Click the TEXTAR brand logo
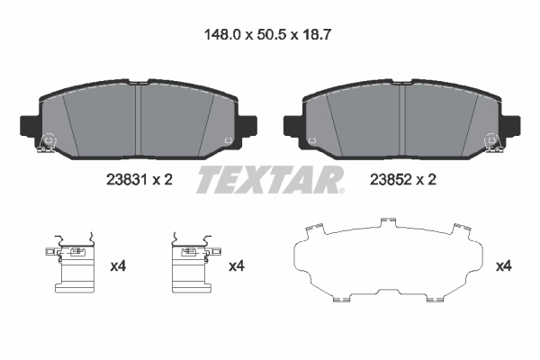click(x=270, y=179)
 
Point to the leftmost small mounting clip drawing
click(x=76, y=265)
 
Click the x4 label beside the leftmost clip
click(x=117, y=266)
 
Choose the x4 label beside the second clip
click(x=237, y=266)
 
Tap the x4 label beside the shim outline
click(x=504, y=266)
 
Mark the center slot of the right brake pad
click(x=402, y=117)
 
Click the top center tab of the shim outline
click(x=389, y=221)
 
